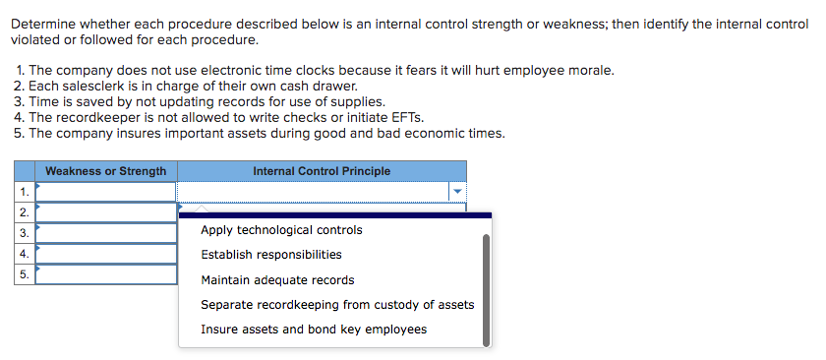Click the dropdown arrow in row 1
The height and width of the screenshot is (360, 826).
(x=456, y=192)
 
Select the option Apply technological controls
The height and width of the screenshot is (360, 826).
(x=281, y=230)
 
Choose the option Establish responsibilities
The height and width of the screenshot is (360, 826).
(x=271, y=255)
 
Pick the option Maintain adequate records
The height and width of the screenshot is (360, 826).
(x=277, y=280)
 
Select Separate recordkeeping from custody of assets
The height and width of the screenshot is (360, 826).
(x=337, y=305)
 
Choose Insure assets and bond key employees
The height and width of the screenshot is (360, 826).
(x=314, y=330)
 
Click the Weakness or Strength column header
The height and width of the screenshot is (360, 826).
(x=105, y=171)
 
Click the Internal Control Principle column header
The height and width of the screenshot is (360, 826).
(x=322, y=171)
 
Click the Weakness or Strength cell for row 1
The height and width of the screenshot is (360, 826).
(x=105, y=192)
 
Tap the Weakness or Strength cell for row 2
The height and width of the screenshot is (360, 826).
(x=105, y=212)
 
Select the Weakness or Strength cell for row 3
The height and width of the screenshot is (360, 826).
(x=105, y=233)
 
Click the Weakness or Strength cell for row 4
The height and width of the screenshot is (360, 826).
(x=105, y=254)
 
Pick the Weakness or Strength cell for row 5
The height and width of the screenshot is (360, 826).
(x=105, y=274)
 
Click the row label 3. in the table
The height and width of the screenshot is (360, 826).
(x=23, y=233)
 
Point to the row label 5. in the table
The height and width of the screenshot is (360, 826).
(x=23, y=274)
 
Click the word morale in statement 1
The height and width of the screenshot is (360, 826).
(x=592, y=71)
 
